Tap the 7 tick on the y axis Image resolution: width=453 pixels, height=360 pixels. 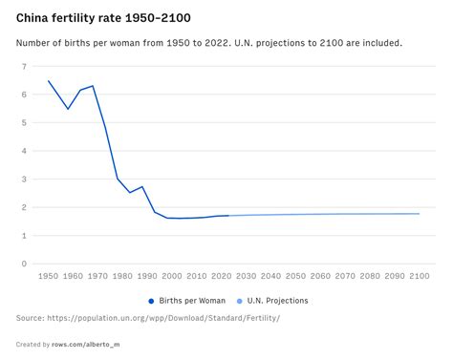coord(23,67)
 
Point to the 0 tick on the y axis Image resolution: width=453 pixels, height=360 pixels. coord(23,265)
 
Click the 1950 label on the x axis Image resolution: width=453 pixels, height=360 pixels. coord(48,276)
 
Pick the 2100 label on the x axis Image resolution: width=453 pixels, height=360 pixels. coord(419,276)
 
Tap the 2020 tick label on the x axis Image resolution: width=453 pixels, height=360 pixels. coord(221,276)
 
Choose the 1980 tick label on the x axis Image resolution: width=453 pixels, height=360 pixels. coord(122,276)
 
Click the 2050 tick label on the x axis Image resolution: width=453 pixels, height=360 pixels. coord(295,276)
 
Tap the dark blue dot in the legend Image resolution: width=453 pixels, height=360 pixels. coord(151,300)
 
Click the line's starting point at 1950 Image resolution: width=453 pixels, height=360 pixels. coord(48,81)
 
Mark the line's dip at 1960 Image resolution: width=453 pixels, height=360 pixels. coord(68,109)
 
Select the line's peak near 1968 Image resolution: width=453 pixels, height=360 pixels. coord(93,86)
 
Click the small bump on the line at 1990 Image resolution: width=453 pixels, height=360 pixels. coord(142,187)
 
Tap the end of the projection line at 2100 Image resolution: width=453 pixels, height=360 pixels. coord(419,214)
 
